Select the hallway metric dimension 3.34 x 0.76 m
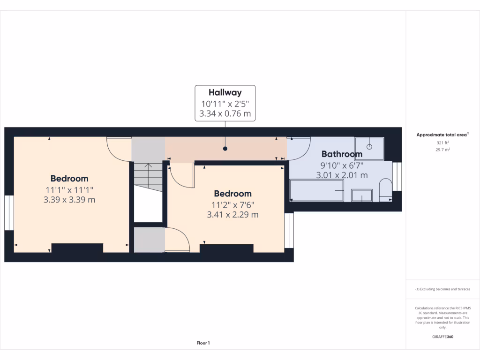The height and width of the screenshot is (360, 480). point(225,114)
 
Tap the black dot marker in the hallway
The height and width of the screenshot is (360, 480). point(225,149)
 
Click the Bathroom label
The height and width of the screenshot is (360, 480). point(342,154)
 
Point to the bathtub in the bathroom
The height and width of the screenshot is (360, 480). point(317,190)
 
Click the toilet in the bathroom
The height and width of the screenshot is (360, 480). point(386,189)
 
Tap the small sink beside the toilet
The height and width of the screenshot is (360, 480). point(362,195)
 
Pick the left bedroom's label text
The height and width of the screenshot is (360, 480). point(69,179)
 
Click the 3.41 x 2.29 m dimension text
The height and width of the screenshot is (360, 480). point(232,215)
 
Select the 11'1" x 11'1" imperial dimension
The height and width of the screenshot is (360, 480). point(69,190)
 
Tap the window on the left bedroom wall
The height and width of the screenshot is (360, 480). point(9,213)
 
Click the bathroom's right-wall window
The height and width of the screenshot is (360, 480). point(397,176)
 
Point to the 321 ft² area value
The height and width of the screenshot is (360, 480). point(443,142)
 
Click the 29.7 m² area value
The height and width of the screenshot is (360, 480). point(443,149)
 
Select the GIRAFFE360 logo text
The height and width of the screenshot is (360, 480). point(443,337)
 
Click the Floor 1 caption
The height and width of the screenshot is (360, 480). point(203,343)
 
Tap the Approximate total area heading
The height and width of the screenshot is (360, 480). point(442,135)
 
